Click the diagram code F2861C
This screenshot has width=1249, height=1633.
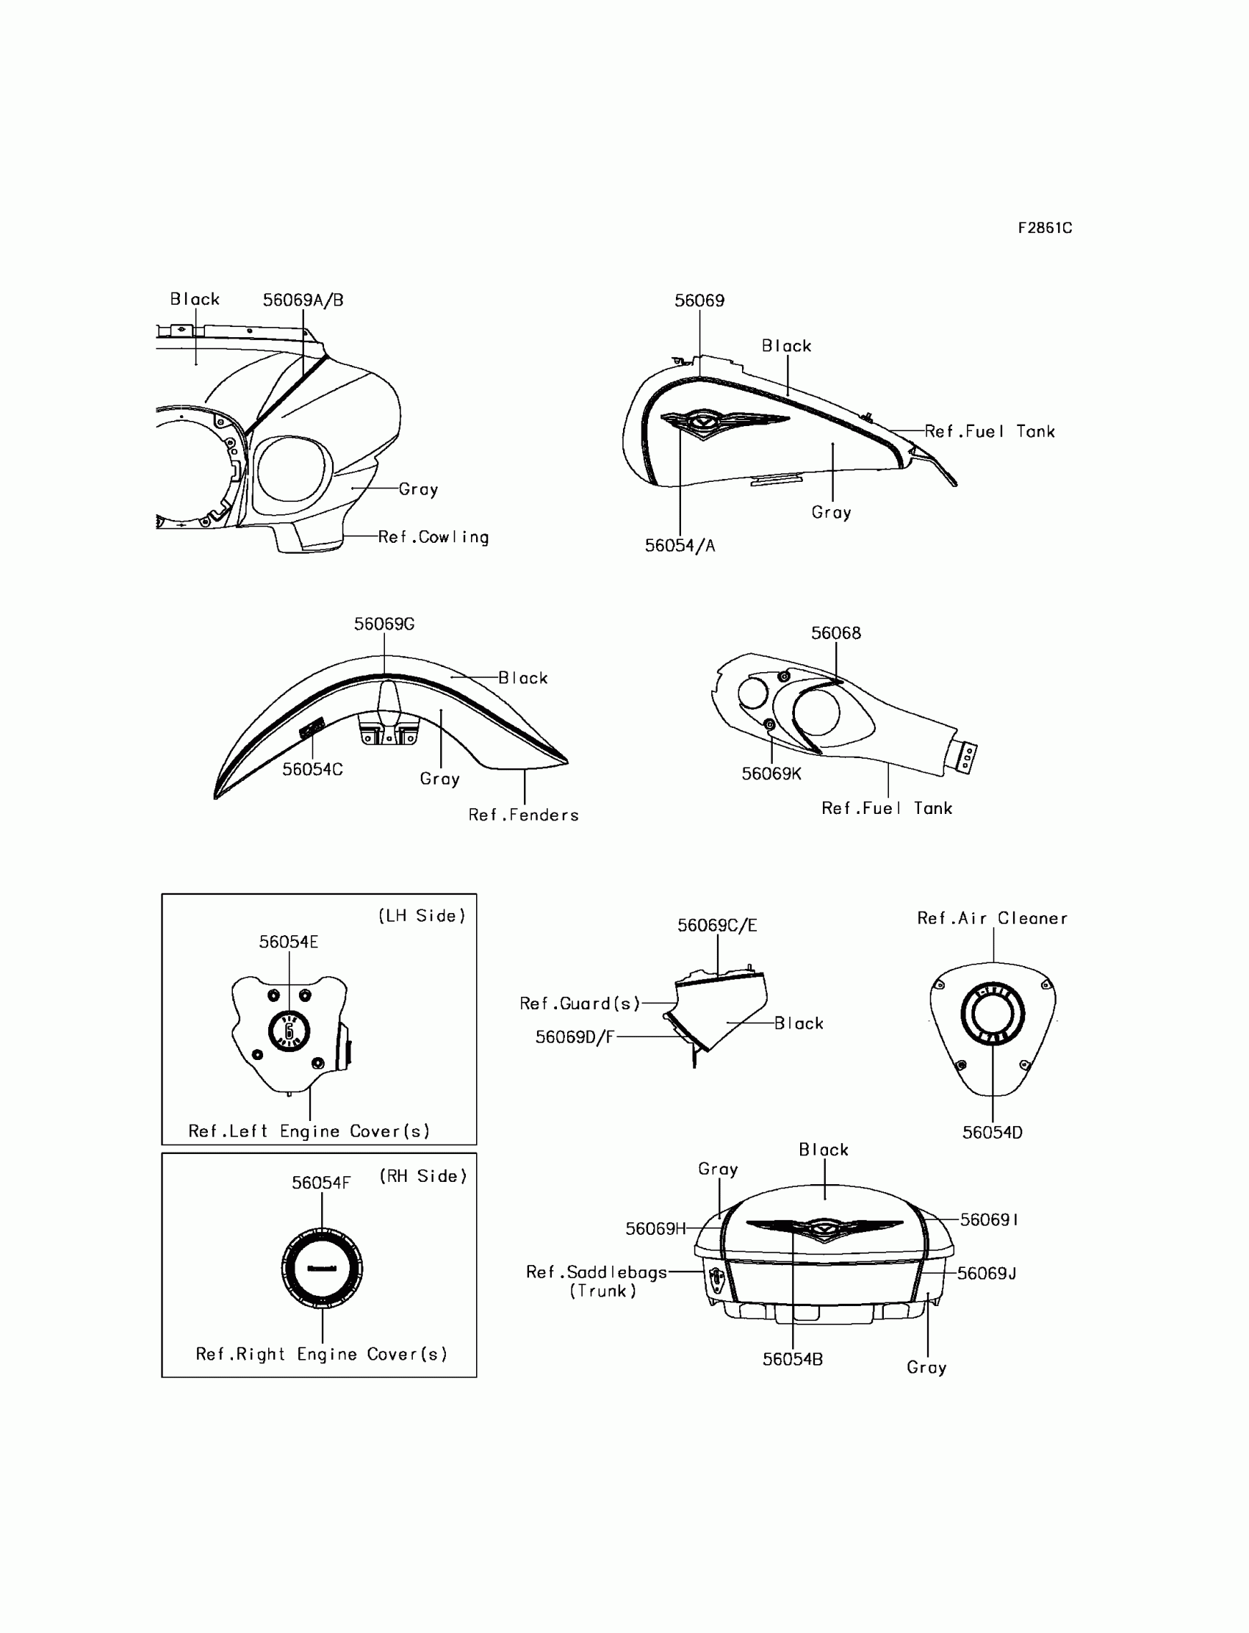point(1045,228)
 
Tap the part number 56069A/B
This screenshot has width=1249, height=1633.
point(303,300)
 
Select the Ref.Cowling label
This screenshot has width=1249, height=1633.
point(433,537)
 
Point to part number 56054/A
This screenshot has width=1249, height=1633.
point(680,546)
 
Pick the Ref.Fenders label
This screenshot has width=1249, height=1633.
point(523,815)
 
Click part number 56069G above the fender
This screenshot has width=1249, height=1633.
point(384,624)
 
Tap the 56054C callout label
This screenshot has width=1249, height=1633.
point(312,769)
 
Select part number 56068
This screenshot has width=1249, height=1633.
point(835,632)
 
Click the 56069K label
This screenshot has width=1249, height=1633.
point(771,774)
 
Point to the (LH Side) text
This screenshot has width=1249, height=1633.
point(422,916)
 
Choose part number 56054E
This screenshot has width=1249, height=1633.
point(289,942)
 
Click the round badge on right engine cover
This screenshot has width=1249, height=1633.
point(322,1268)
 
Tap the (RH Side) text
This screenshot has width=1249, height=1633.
point(423,1176)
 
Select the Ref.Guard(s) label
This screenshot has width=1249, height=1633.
point(580,1003)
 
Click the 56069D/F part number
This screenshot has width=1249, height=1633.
point(575,1037)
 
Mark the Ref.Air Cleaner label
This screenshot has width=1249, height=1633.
point(992,918)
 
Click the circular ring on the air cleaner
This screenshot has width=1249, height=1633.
point(993,1014)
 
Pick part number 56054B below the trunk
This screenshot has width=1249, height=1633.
point(793,1360)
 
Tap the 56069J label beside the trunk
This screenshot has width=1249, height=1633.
point(987,1273)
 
